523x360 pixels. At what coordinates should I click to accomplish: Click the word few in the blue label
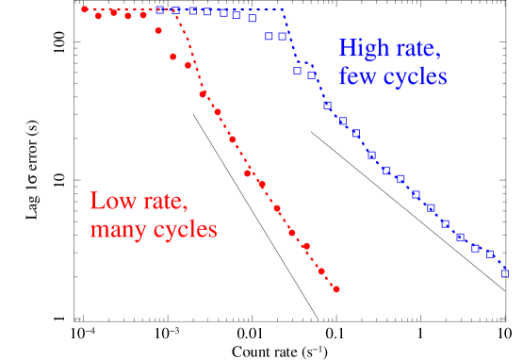click(358, 77)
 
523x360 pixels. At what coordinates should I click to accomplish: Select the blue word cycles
click(414, 77)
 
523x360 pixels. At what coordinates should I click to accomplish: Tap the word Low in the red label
click(109, 201)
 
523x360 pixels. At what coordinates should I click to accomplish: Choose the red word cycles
click(187, 229)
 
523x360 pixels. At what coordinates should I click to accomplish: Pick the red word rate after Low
click(165, 201)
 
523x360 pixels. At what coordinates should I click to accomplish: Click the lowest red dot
click(336, 289)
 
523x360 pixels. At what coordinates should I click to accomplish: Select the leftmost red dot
click(85, 9)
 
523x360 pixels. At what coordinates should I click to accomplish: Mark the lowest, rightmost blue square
click(505, 275)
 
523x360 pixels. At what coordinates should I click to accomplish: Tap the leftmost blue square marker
click(160, 9)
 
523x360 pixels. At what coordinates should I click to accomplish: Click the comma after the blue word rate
click(438, 57)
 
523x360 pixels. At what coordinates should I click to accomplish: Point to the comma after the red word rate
click(190, 209)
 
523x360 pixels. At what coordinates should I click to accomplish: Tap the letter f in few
click(344, 75)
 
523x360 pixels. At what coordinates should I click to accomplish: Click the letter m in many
click(99, 231)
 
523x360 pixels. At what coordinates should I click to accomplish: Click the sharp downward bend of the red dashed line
click(177, 10)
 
